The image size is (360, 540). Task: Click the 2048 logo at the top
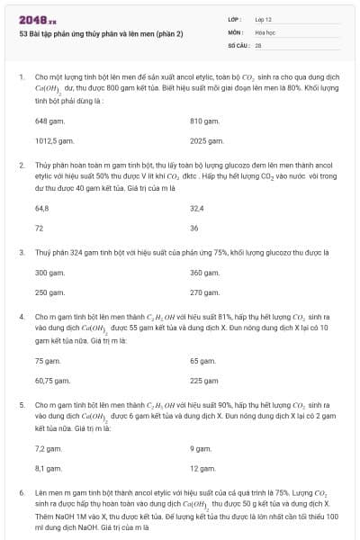pyautogui.click(x=38, y=19)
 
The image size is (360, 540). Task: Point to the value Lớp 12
pyautogui.click(x=265, y=19)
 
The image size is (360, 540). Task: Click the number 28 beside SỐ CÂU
pyautogui.click(x=258, y=44)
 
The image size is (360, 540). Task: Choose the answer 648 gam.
pyautogui.click(x=49, y=120)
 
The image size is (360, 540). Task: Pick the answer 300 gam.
pyautogui.click(x=49, y=272)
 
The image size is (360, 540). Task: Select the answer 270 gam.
pyautogui.click(x=204, y=292)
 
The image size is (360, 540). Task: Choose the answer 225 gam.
pyautogui.click(x=204, y=380)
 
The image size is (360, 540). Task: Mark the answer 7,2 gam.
pyautogui.click(x=49, y=447)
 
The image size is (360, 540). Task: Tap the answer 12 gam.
pyautogui.click(x=202, y=468)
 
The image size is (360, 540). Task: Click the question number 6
pyautogui.click(x=21, y=493)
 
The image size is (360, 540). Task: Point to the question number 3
pyautogui.click(x=21, y=253)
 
